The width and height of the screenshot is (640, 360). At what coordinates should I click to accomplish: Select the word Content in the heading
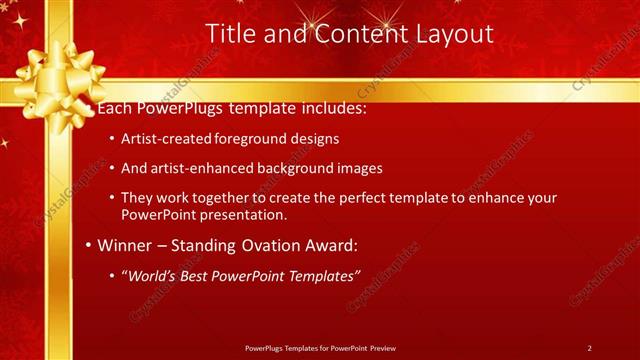click(x=355, y=33)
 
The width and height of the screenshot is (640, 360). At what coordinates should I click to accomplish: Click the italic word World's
click(x=151, y=275)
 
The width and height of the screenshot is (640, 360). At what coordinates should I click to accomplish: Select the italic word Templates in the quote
click(x=316, y=275)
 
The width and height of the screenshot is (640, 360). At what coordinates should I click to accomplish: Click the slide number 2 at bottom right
click(x=589, y=347)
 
